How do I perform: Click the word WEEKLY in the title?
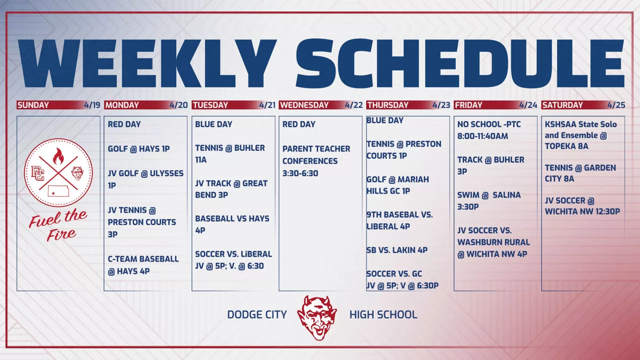[x=147, y=63]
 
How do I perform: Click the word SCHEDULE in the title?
[x=460, y=63]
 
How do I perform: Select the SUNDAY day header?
[x=33, y=105]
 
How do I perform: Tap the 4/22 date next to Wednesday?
[x=353, y=105]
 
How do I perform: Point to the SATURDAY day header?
[x=562, y=105]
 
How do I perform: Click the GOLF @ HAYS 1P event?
[x=138, y=149]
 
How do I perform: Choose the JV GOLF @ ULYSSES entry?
[x=145, y=179]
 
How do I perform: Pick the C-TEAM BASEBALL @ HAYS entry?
[x=143, y=265]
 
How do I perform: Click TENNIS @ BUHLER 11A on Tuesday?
[x=230, y=153]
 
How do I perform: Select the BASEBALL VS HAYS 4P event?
[x=232, y=224]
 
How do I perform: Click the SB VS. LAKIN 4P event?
[x=397, y=250]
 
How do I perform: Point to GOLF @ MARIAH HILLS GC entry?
[x=397, y=185]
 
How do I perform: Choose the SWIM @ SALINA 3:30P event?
[x=489, y=201]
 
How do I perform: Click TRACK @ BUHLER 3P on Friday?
[x=490, y=165]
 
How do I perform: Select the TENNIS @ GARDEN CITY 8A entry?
[x=580, y=173]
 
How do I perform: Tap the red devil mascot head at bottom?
[x=317, y=317]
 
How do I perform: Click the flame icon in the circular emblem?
[x=58, y=156]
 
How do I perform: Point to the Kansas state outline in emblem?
[x=58, y=191]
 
